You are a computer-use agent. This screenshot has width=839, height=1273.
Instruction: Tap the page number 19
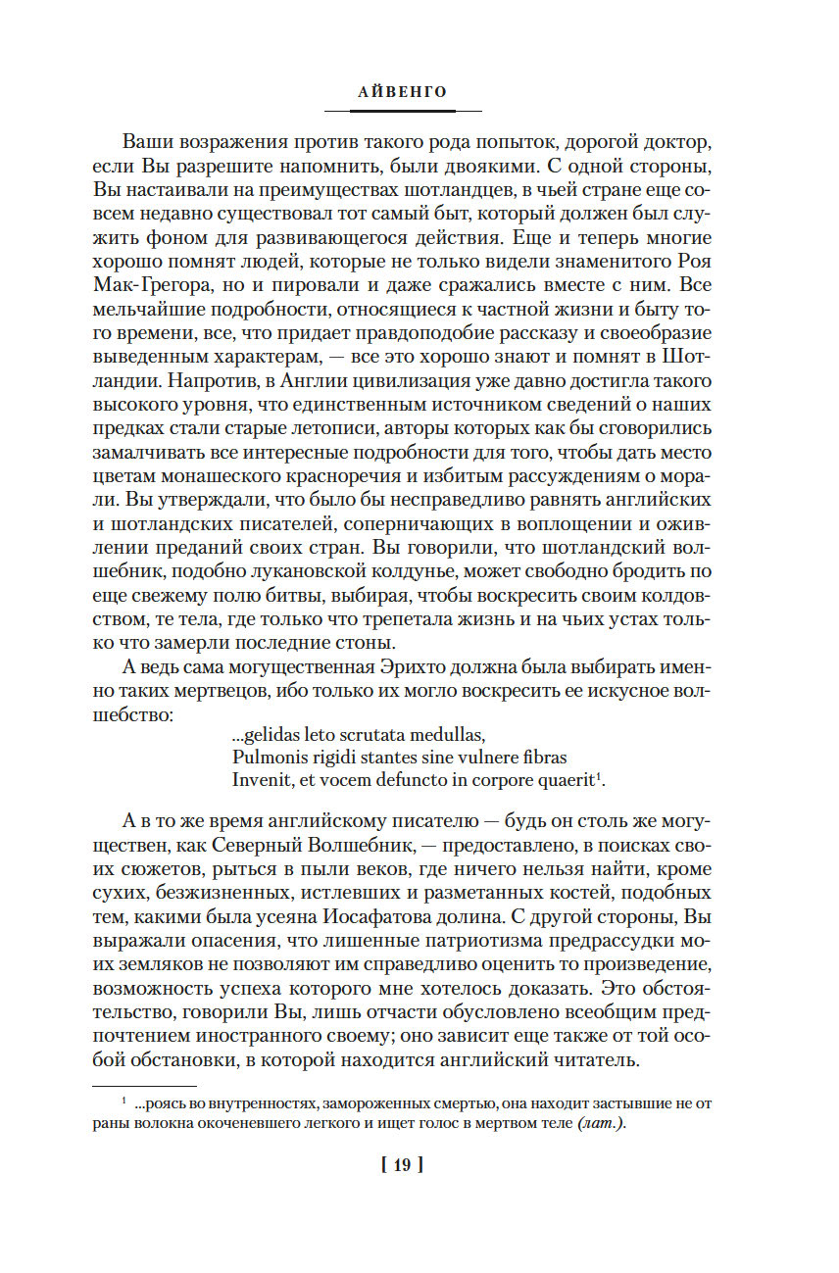(401, 1165)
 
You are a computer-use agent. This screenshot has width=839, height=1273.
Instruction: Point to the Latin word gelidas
(278, 734)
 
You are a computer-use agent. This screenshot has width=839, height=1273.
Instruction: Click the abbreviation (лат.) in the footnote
(599, 1123)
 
